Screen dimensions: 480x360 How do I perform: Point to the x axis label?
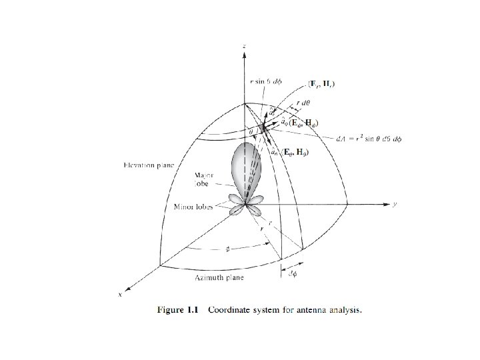(120, 294)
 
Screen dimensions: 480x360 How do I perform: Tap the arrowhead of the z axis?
(245, 53)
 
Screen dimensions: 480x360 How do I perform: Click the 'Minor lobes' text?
(193, 207)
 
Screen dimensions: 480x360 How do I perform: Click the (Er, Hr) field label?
(323, 83)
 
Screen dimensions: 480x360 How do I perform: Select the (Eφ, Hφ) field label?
(303, 123)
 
